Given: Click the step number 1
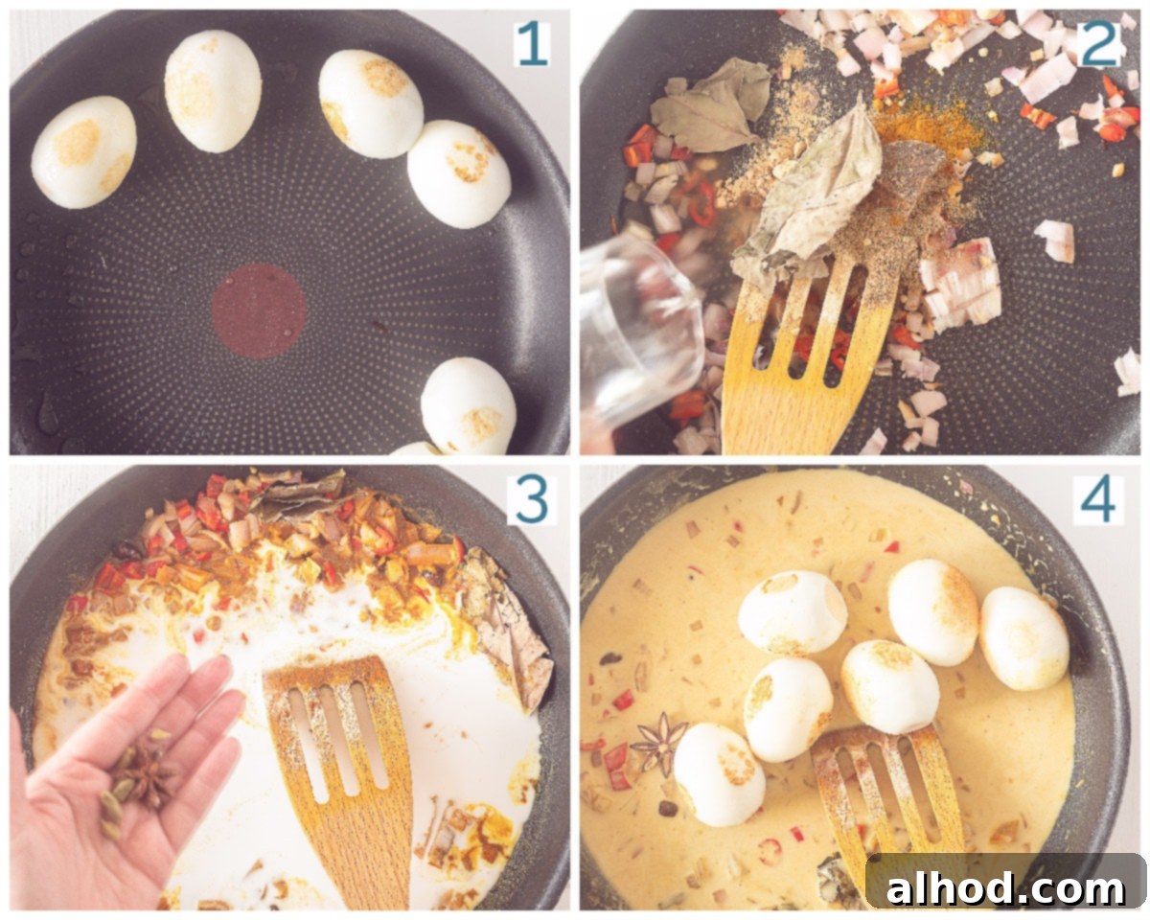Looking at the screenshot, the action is [532, 45].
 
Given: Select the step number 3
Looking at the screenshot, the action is [532, 501].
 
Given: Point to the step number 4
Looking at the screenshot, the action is [1098, 501].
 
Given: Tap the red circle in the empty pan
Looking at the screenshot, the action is [259, 311].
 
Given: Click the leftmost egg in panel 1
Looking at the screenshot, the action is [84, 152].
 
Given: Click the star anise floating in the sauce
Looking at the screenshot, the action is [660, 743].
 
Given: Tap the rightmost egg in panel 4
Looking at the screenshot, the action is [1024, 638].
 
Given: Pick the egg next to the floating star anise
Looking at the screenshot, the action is [719, 774].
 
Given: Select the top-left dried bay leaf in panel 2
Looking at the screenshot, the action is [708, 104].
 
